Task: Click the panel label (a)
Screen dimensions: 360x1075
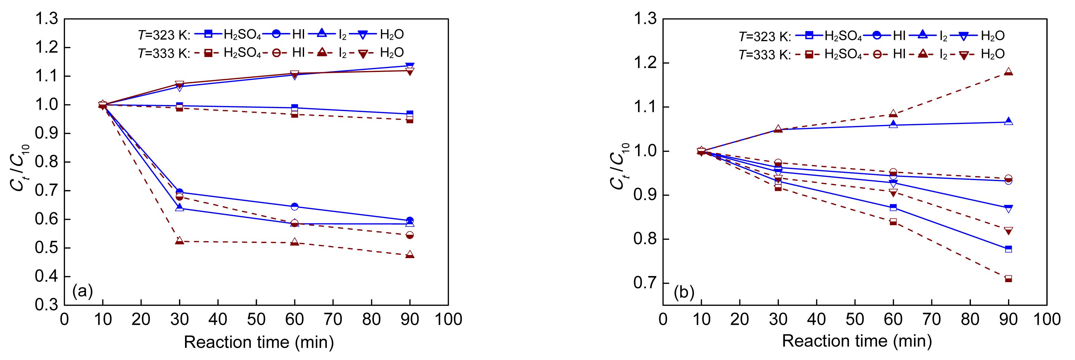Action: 82,291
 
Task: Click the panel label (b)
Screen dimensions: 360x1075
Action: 684,293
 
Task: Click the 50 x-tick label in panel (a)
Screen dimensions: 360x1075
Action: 256,319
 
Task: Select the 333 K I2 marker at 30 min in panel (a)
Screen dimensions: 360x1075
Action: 179,241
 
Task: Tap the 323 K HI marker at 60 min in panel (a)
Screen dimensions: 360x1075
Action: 295,206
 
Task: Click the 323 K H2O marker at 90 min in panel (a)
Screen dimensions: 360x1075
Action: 410,66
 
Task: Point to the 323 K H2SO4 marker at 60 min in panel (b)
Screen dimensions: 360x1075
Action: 893,207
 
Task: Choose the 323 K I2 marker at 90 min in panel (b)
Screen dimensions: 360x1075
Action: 1009,122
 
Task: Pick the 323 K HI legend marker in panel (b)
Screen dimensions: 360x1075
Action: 879,36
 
